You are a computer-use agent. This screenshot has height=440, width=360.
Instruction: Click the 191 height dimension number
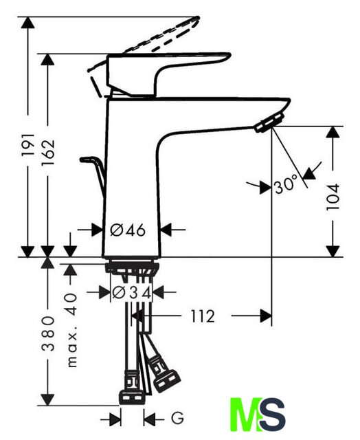[28, 145]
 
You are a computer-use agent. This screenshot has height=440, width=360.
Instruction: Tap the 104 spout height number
[333, 197]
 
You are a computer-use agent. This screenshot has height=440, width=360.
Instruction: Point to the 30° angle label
[286, 184]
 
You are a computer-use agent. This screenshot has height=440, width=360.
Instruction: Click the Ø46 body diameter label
[128, 230]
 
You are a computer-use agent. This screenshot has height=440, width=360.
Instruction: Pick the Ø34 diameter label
[131, 293]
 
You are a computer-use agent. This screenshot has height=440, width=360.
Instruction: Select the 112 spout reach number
[203, 316]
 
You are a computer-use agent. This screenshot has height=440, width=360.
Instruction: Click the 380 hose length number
[48, 333]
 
